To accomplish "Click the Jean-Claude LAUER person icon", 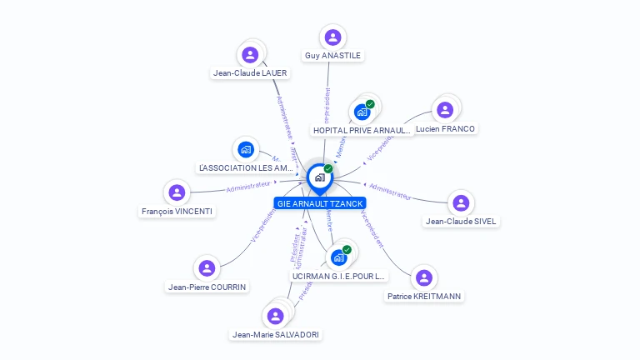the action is tap(250, 55).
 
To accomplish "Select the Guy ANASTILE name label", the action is tap(333, 56).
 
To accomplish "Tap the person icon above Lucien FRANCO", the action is tap(445, 109).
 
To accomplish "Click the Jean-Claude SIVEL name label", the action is tap(462, 221).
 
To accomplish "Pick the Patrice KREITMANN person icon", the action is tap(424, 277).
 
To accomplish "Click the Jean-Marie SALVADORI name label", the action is tap(276, 334).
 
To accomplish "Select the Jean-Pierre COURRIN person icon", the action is tap(207, 268).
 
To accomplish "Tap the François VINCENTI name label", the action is tap(177, 211).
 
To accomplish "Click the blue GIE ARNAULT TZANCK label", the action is tap(320, 202).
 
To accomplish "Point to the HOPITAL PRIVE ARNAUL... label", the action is tap(362, 130).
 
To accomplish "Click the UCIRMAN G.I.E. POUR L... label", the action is tap(339, 275).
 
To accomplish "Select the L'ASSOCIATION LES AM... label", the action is tap(246, 167).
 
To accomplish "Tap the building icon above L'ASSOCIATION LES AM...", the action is tap(245, 149).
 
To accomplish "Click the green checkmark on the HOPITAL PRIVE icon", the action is tap(370, 104).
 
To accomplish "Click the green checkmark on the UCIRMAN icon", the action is tap(347, 249).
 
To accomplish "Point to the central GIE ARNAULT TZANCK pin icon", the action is tap(319, 177).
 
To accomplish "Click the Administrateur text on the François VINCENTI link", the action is tap(248, 185).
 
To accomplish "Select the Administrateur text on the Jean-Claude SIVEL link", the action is tap(389, 191).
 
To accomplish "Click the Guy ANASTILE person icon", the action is tap(333, 37).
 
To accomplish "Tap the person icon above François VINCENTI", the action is tap(177, 192).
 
